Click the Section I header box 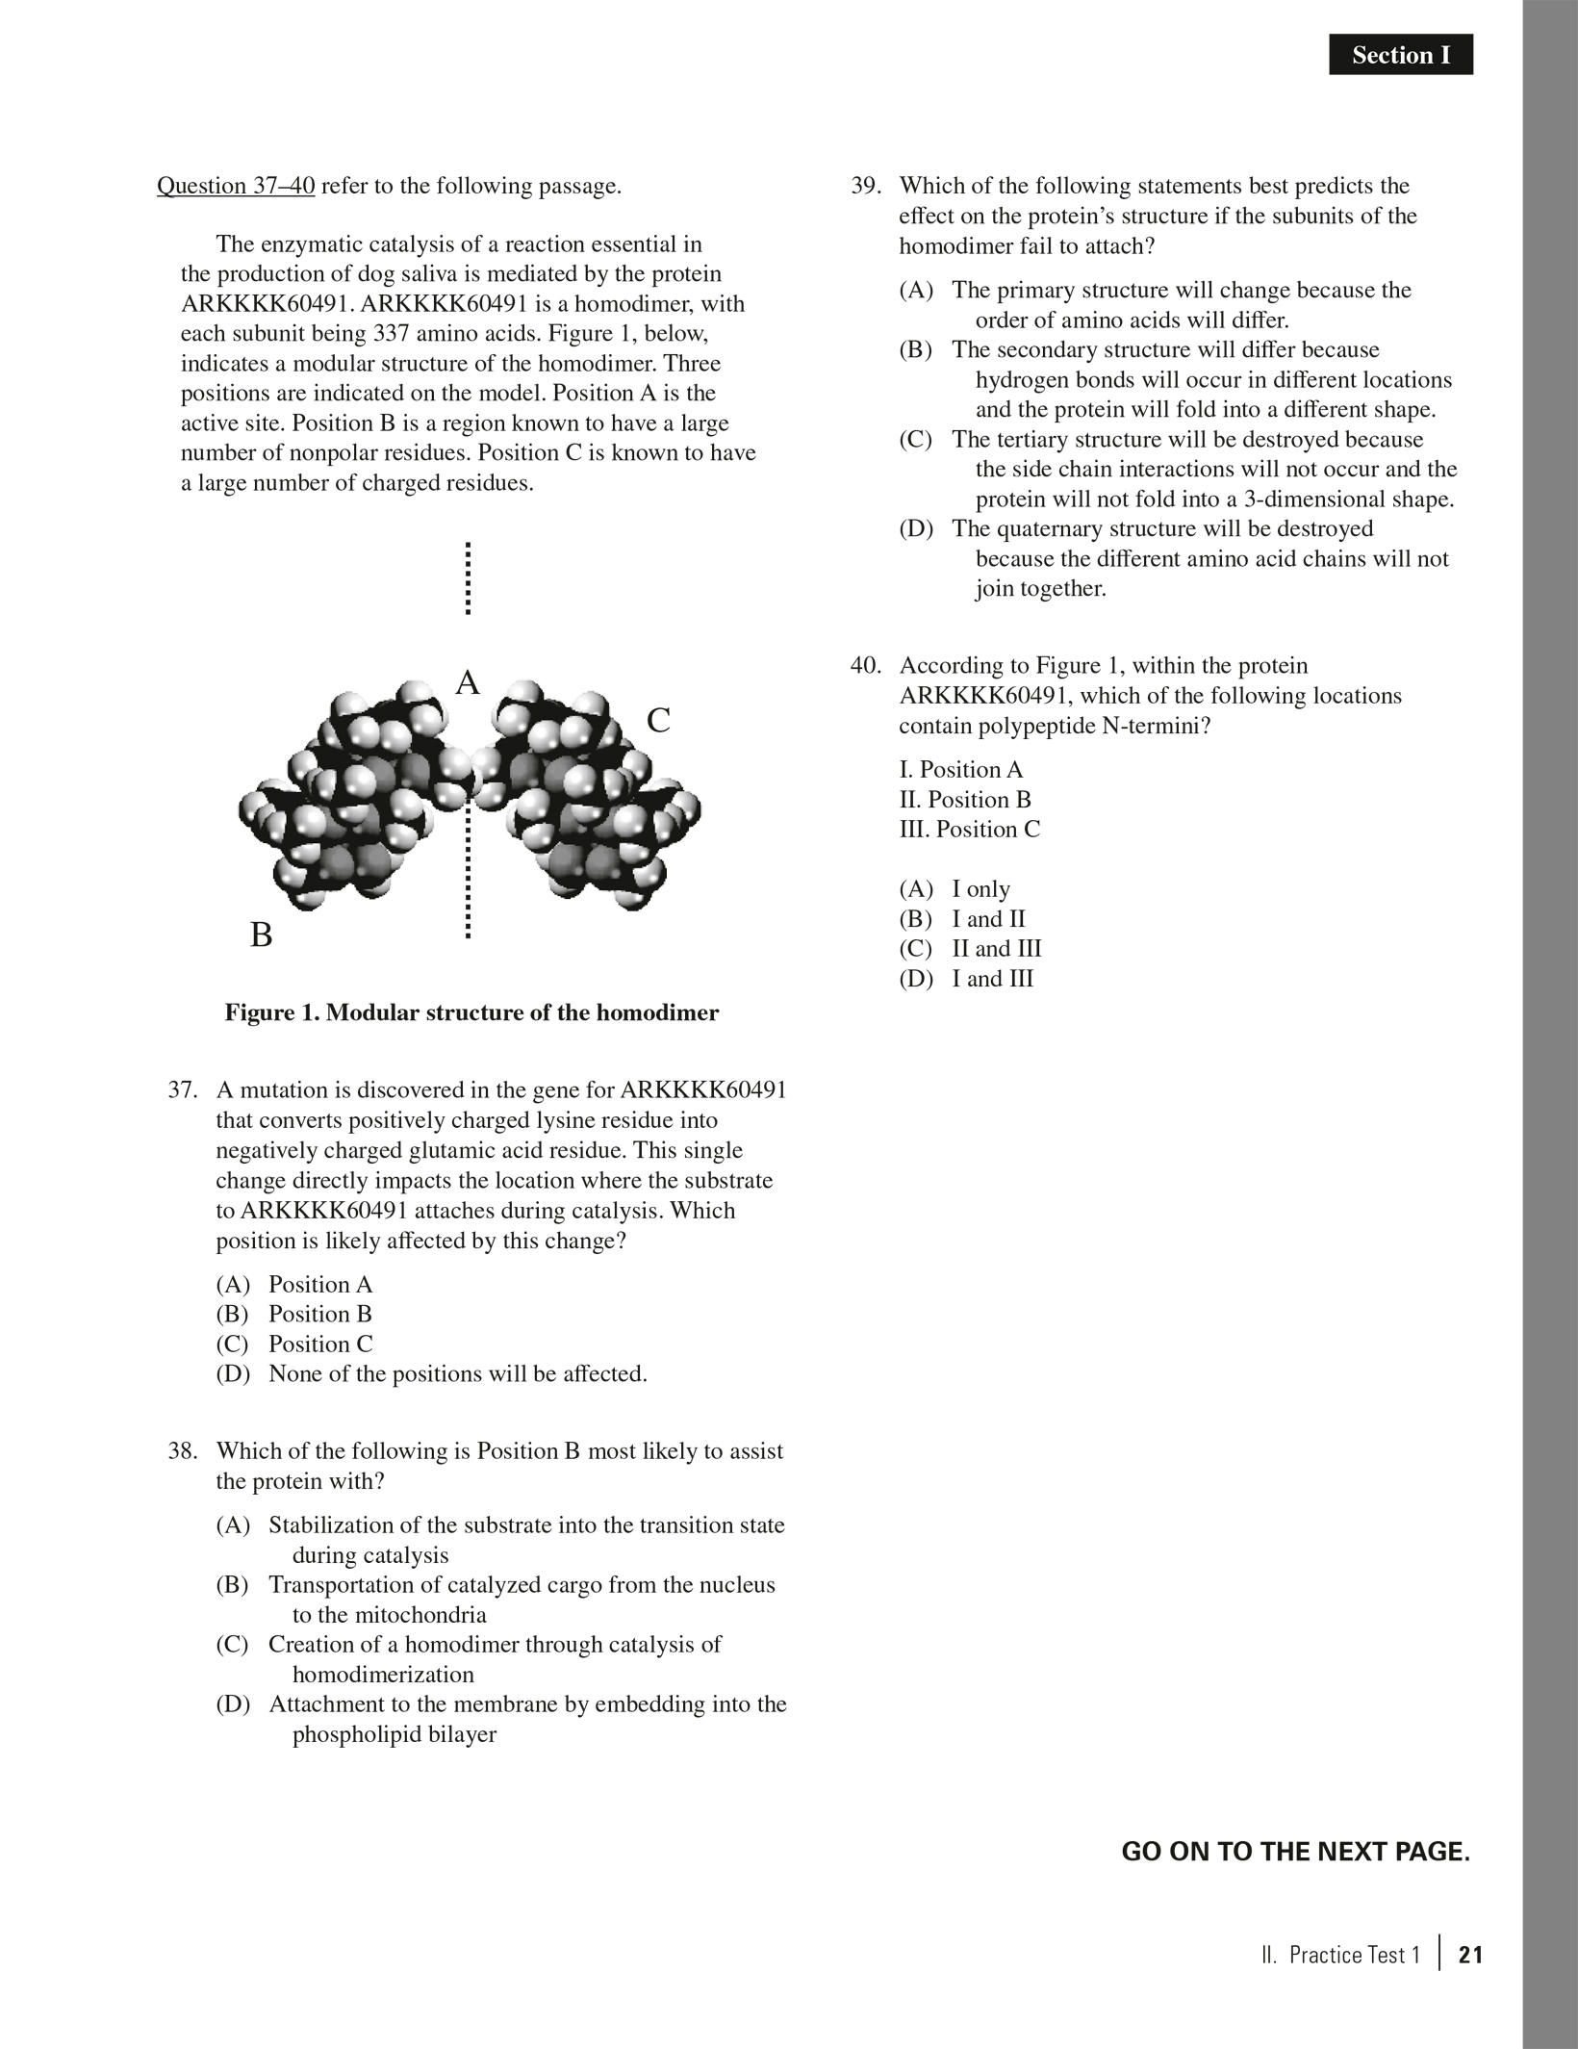click(x=1400, y=56)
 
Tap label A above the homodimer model click(x=468, y=682)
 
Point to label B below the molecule click(x=261, y=934)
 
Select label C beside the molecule click(x=658, y=720)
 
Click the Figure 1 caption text click(x=471, y=1012)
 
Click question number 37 click(x=183, y=1089)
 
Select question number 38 click(x=183, y=1450)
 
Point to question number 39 click(x=866, y=185)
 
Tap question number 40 click(x=866, y=665)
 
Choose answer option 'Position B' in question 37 click(x=319, y=1314)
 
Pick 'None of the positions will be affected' click(x=457, y=1373)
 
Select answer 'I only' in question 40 click(x=980, y=888)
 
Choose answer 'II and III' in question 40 click(x=996, y=948)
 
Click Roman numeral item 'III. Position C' click(x=970, y=829)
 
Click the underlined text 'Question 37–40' click(x=236, y=185)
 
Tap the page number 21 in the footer click(x=1470, y=1955)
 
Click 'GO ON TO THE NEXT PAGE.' click(x=1295, y=1851)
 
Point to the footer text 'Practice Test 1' click(x=1354, y=1955)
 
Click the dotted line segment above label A click(x=468, y=577)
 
